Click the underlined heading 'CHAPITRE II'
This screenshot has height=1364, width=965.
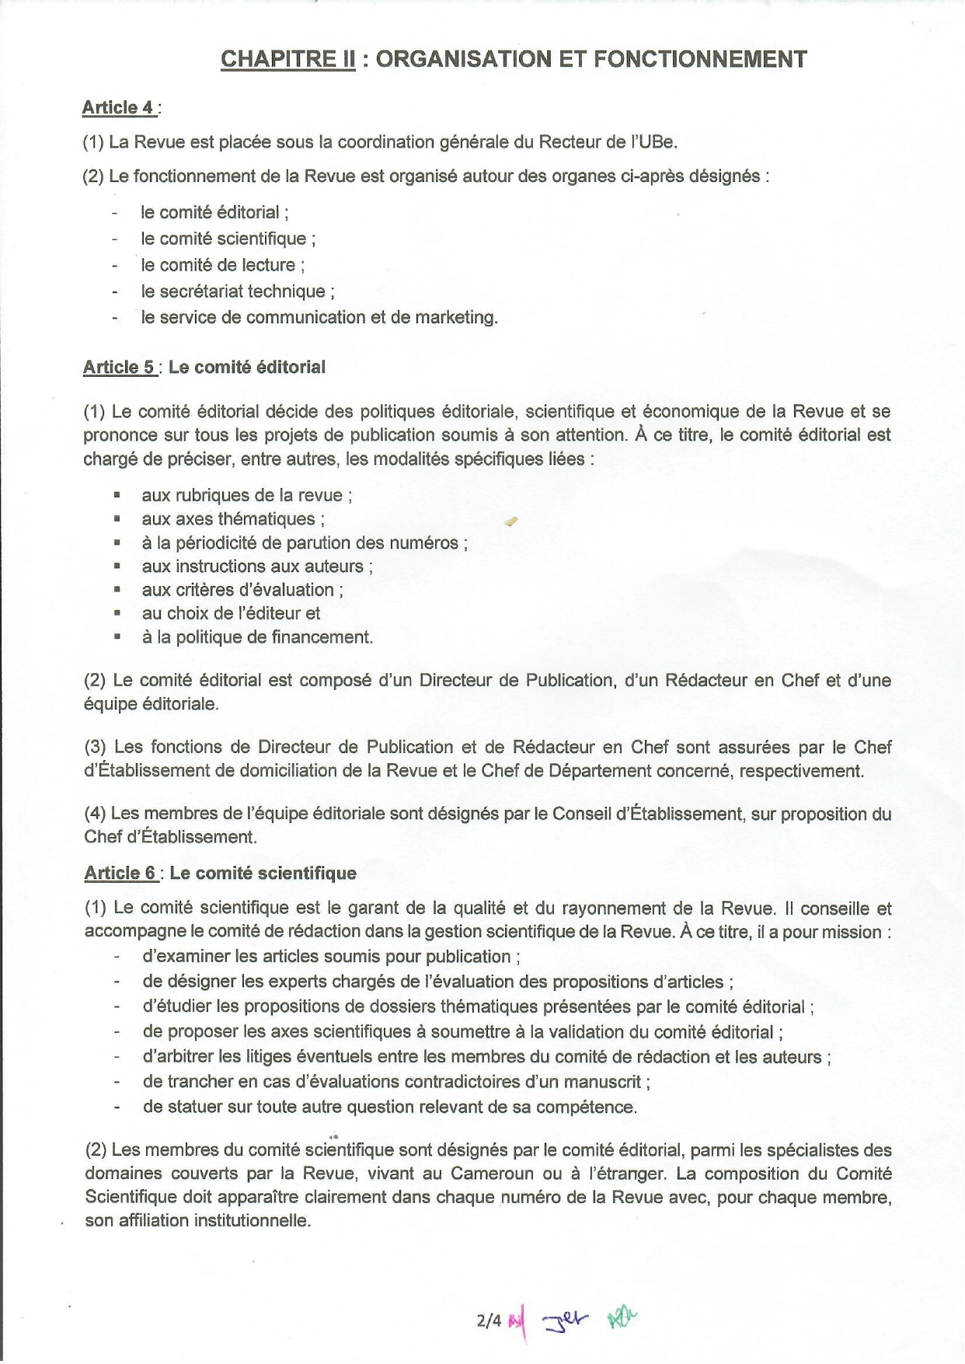click(x=287, y=60)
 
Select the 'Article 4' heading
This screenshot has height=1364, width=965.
click(x=119, y=108)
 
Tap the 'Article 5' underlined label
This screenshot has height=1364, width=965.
click(x=120, y=368)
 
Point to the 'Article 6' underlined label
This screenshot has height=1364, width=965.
click(x=120, y=874)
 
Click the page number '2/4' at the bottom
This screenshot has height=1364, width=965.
click(x=489, y=1320)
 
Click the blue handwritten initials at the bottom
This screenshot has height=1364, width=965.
click(x=566, y=1318)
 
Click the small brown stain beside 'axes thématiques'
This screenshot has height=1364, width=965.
click(x=510, y=522)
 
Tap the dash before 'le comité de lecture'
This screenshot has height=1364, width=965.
click(x=115, y=266)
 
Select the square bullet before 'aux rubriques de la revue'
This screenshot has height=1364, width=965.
click(x=117, y=494)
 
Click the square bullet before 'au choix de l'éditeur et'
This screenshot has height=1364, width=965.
click(x=117, y=613)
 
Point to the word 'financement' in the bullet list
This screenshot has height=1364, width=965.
click(x=325, y=638)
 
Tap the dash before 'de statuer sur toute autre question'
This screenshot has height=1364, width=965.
click(x=117, y=1107)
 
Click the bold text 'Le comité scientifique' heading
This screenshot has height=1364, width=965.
click(x=263, y=874)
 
